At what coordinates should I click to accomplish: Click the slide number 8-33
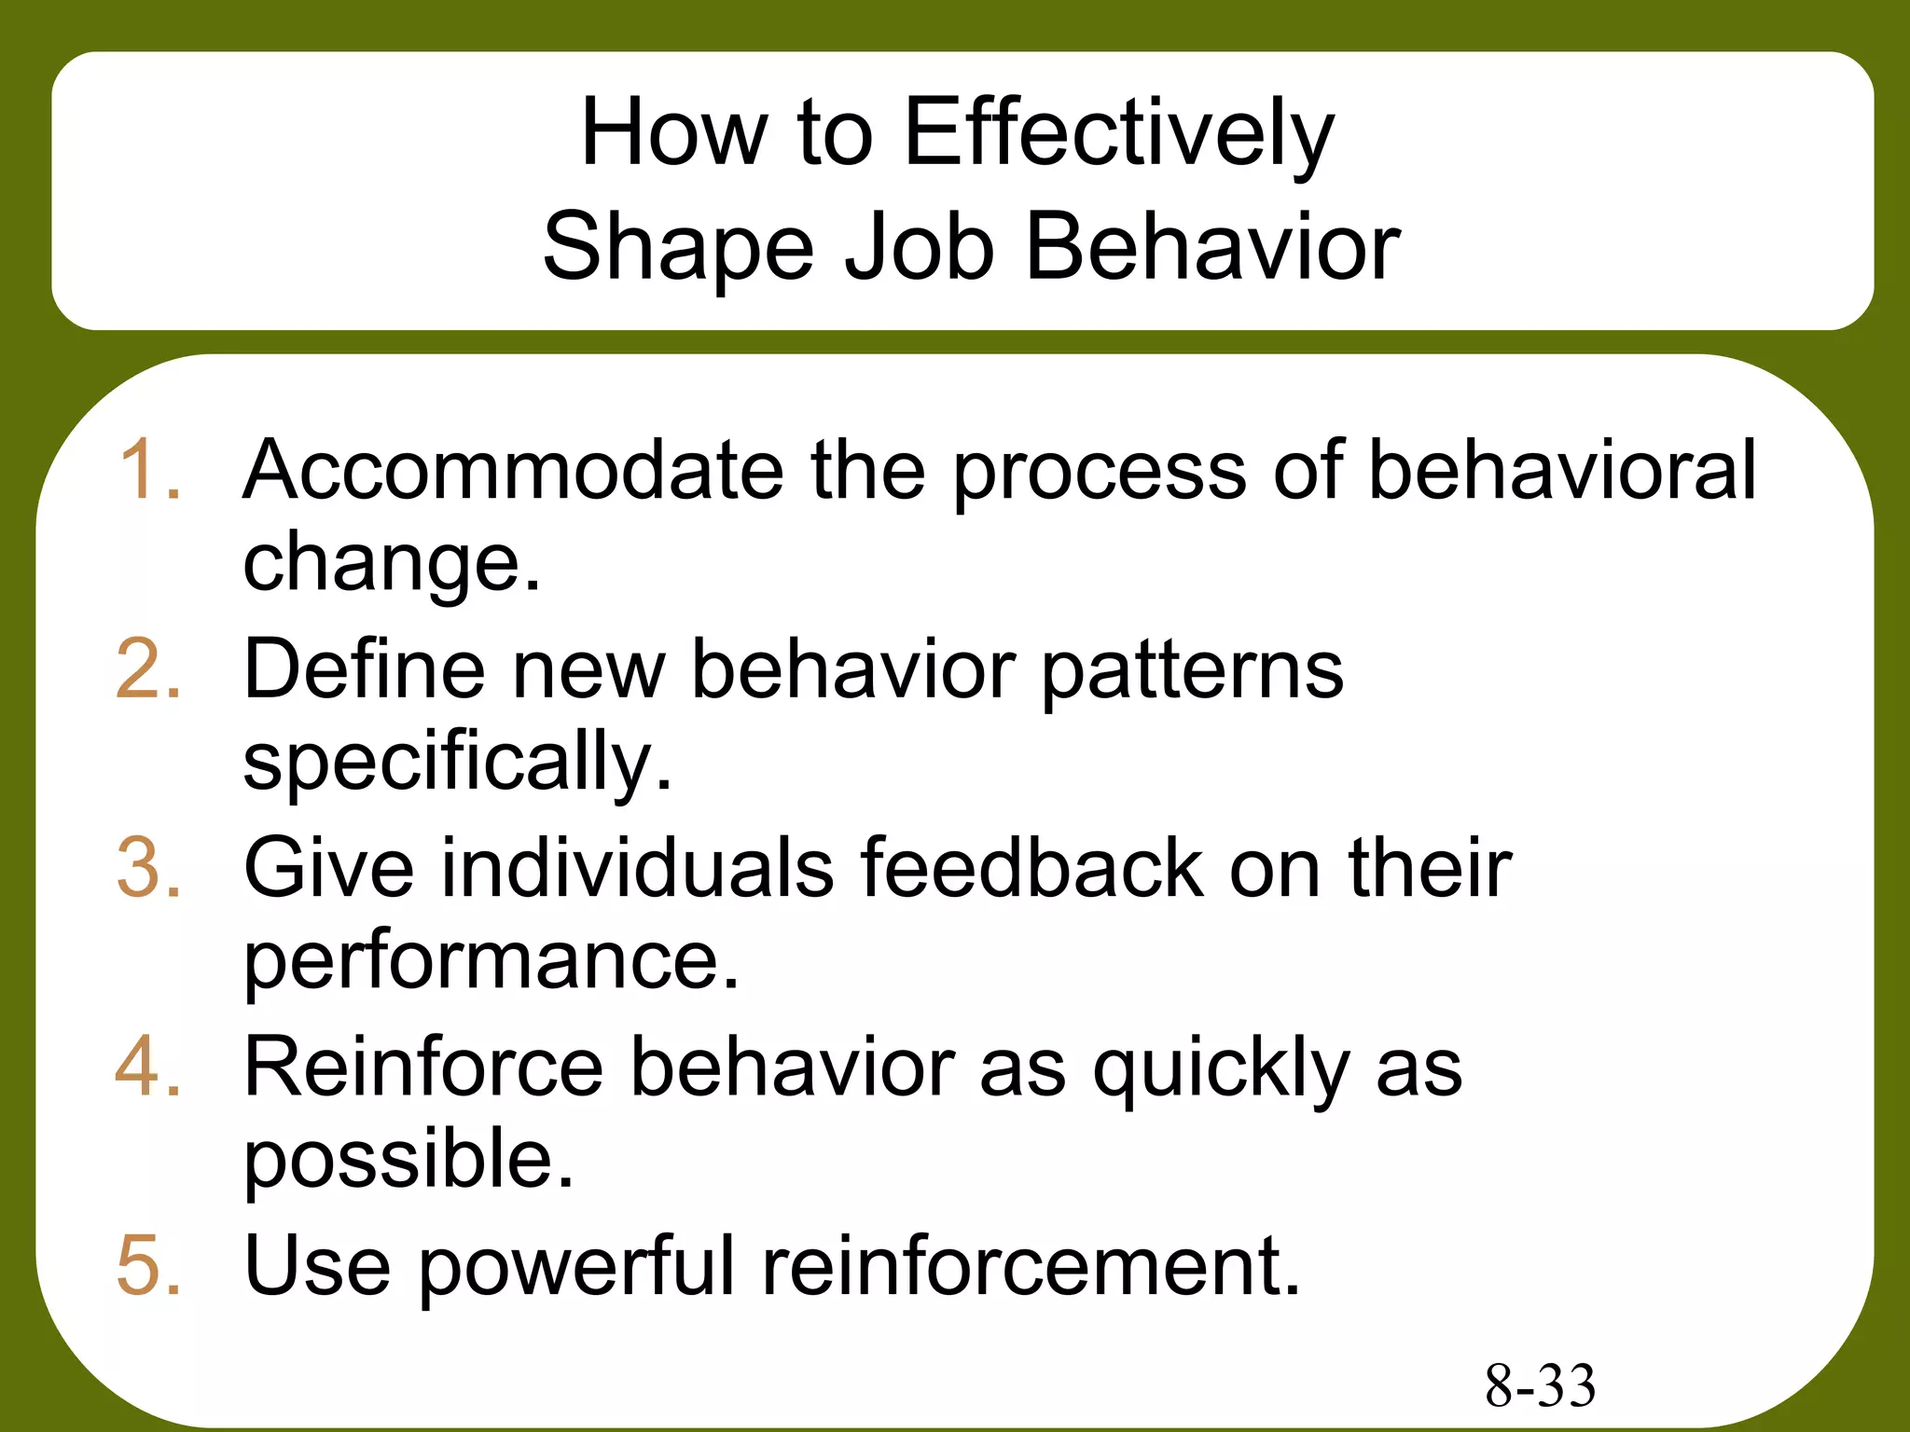pyautogui.click(x=1540, y=1385)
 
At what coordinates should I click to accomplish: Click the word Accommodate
pyautogui.click(x=513, y=470)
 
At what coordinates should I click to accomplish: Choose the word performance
pyautogui.click(x=491, y=962)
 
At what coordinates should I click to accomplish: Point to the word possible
pyautogui.click(x=408, y=1160)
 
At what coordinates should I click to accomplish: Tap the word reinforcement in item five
pyautogui.click(x=1031, y=1265)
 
